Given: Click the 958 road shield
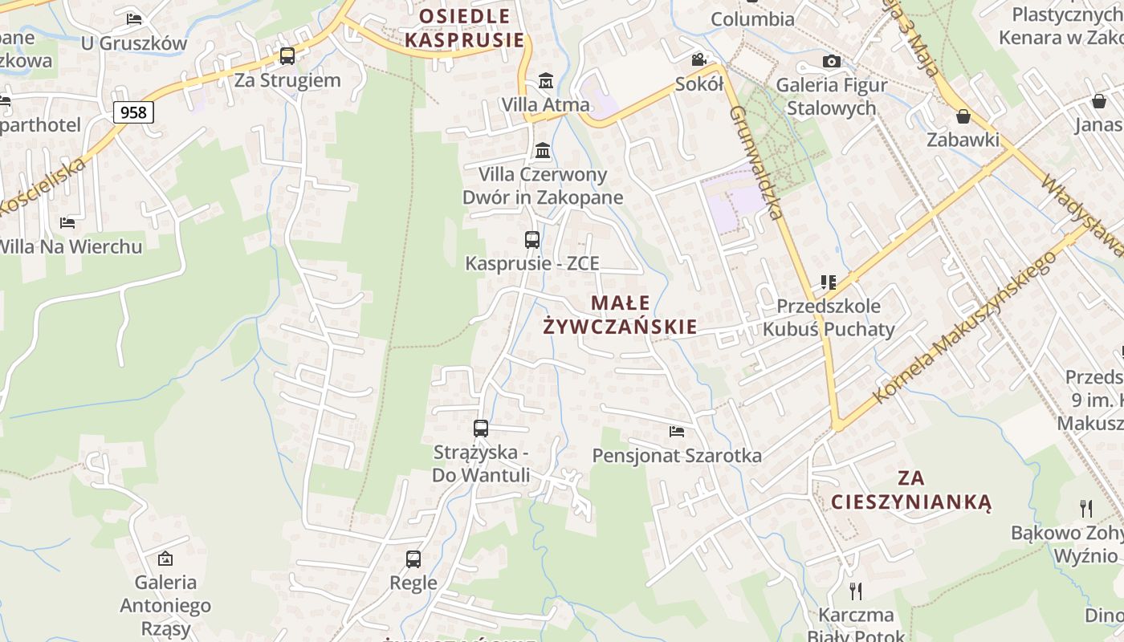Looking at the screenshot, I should [x=133, y=112].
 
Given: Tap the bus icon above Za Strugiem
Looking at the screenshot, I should [x=287, y=56].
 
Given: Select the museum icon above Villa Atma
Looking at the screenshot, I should [x=546, y=81].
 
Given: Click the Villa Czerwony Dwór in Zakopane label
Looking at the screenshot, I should [x=542, y=186].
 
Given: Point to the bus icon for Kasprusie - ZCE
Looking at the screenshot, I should [x=531, y=240].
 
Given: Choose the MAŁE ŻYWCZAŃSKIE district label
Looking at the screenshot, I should [x=620, y=315].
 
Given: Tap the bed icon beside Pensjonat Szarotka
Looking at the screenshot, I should [x=677, y=432].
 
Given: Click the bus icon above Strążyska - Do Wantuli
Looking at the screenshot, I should [x=481, y=429].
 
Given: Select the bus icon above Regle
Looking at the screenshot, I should [x=413, y=559].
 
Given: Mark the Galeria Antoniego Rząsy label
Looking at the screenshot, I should [x=165, y=605].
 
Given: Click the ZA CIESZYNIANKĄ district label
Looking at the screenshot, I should [x=911, y=490].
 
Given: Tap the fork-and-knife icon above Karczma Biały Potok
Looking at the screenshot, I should [x=856, y=591].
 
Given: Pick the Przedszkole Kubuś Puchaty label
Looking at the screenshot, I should [x=829, y=317].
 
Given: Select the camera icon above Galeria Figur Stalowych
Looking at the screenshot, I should [x=831, y=62].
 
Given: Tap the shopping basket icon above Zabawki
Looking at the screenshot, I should [x=963, y=116].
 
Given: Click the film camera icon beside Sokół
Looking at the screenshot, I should [x=698, y=60].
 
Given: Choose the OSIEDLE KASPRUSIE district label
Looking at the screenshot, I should [x=464, y=28].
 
